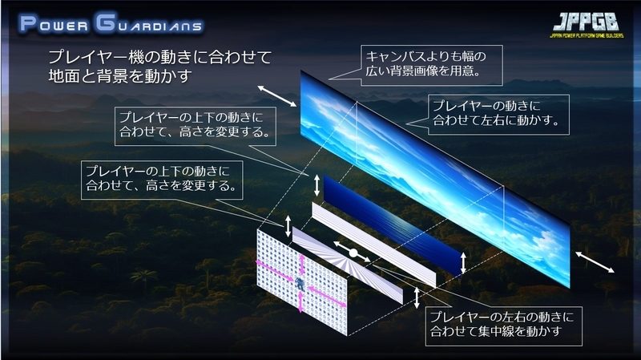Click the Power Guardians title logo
click(x=111, y=23)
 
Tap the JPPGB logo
click(x=587, y=25)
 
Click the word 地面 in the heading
click(x=64, y=75)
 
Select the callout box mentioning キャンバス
click(x=432, y=66)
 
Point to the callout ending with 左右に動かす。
click(x=498, y=115)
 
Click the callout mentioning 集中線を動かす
click(x=504, y=326)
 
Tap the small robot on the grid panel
click(x=300, y=283)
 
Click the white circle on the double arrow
click(x=353, y=253)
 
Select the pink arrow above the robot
click(x=302, y=265)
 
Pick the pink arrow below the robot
click(x=301, y=302)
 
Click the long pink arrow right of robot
click(x=327, y=297)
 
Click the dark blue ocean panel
click(x=393, y=224)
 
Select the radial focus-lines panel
click(x=348, y=265)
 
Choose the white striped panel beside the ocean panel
click(x=374, y=245)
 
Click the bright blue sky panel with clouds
click(x=435, y=179)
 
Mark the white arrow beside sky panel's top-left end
click(x=276, y=96)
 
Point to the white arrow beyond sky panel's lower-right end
click(x=595, y=262)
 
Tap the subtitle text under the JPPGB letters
click(x=587, y=36)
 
